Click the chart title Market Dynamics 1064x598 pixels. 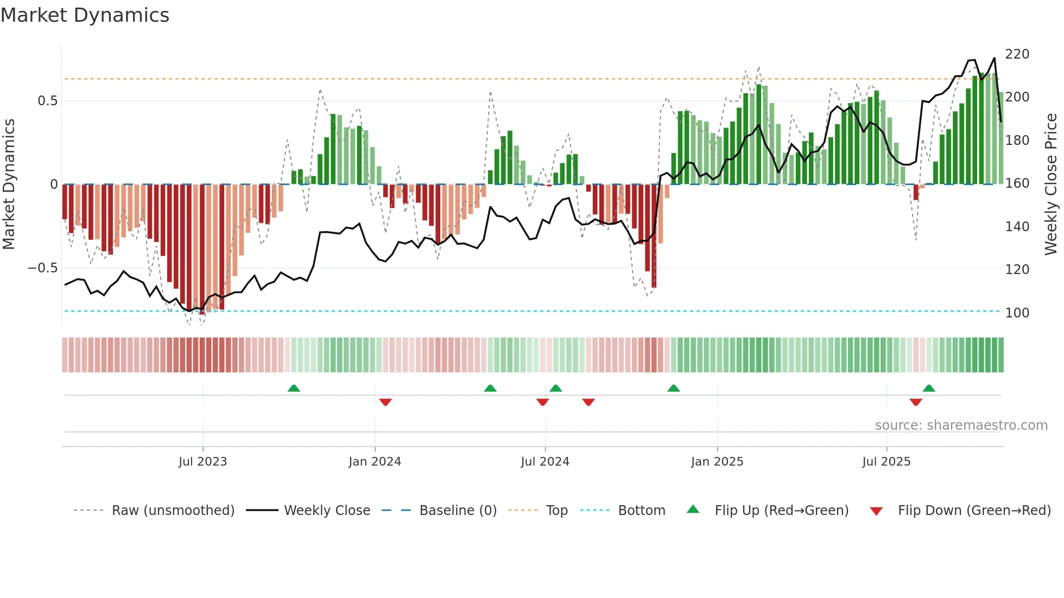(x=85, y=15)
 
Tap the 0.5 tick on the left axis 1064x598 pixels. (x=47, y=101)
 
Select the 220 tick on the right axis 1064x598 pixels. (x=1017, y=54)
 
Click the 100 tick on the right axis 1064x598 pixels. (x=1017, y=313)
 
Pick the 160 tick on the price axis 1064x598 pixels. (x=1017, y=183)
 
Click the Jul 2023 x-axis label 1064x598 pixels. (x=202, y=462)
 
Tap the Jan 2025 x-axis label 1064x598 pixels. (x=717, y=462)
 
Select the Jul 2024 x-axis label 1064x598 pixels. (x=544, y=462)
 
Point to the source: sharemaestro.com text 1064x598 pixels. (x=961, y=425)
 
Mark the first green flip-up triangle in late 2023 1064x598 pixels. (x=294, y=389)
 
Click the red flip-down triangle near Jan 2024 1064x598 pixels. (x=385, y=402)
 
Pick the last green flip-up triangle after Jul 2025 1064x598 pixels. (x=929, y=389)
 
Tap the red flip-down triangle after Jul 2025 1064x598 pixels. (x=916, y=402)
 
